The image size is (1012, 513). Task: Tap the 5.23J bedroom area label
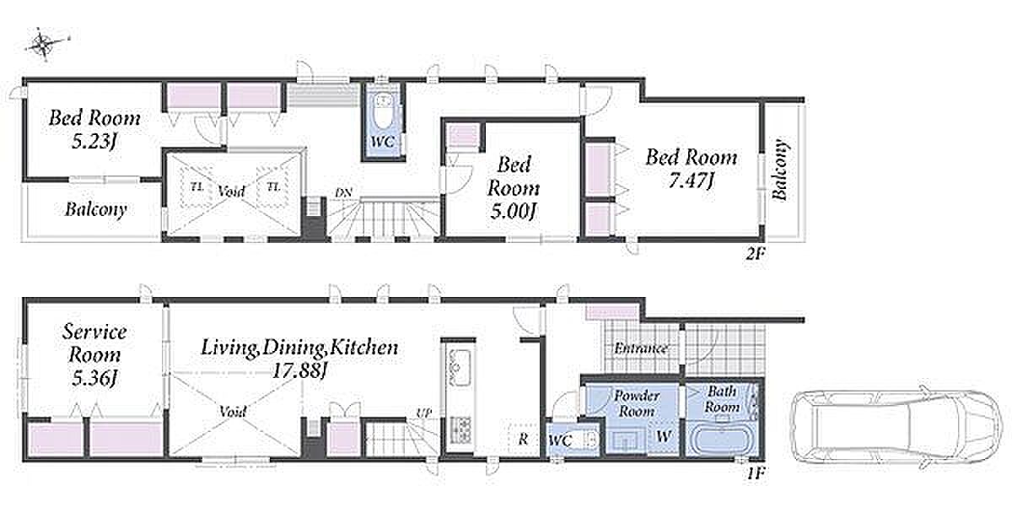pyautogui.click(x=94, y=142)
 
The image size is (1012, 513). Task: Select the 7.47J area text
pyautogui.click(x=692, y=181)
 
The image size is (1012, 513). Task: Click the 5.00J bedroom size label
pyautogui.click(x=514, y=211)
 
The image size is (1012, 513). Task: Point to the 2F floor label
pyautogui.click(x=755, y=254)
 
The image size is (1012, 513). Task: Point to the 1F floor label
pyautogui.click(x=755, y=473)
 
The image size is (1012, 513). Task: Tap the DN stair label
pyautogui.click(x=343, y=193)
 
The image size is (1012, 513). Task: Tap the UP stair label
pyautogui.click(x=423, y=413)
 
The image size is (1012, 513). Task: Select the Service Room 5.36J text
pyautogui.click(x=94, y=355)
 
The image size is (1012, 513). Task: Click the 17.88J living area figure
pyautogui.click(x=299, y=371)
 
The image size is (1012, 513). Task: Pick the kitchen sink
pyautogui.click(x=459, y=367)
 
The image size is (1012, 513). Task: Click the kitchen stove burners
pyautogui.click(x=460, y=429)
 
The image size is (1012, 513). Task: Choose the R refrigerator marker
pyautogui.click(x=523, y=439)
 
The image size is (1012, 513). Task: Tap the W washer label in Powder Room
pyautogui.click(x=664, y=436)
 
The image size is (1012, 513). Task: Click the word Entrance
pyautogui.click(x=641, y=348)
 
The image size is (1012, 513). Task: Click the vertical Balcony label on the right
pyautogui.click(x=780, y=170)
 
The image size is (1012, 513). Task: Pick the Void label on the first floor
pyautogui.click(x=233, y=411)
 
